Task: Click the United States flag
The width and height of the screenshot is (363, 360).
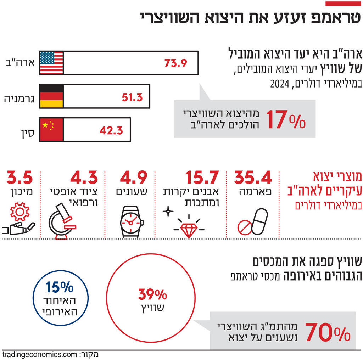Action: click(x=51, y=63)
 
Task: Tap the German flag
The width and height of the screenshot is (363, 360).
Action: click(x=51, y=96)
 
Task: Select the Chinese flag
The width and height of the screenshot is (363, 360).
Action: click(x=51, y=129)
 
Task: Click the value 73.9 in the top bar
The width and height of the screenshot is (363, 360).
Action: click(x=175, y=63)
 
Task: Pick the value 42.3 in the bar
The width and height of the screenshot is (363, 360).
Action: click(x=111, y=130)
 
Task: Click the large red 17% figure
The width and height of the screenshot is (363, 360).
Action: click(x=286, y=119)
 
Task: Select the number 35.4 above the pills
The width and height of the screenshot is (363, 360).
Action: click(x=253, y=178)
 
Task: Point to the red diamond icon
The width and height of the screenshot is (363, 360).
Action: click(x=189, y=229)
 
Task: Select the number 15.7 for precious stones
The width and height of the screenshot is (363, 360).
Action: click(x=202, y=178)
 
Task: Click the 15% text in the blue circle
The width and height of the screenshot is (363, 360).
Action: click(x=59, y=287)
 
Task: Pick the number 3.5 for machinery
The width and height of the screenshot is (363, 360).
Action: click(x=20, y=178)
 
